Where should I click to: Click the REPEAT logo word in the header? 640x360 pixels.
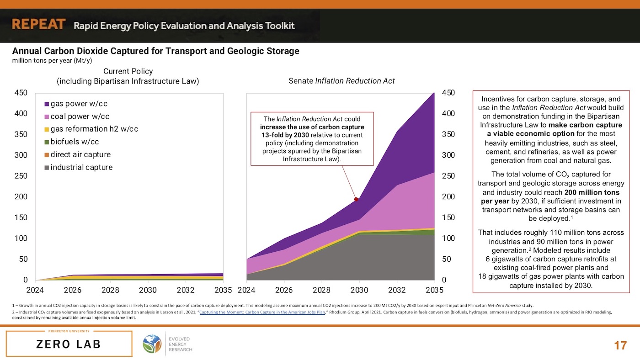(39, 24)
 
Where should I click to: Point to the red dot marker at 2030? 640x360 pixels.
(356, 199)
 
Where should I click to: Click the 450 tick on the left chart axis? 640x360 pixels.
(21, 93)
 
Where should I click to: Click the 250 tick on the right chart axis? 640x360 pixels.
(448, 176)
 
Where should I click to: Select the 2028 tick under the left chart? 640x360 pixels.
(110, 290)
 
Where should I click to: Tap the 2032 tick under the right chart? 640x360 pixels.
(396, 290)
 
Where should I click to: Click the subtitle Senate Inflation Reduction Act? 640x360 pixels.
(341, 81)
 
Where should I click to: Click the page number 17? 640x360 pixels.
(620, 345)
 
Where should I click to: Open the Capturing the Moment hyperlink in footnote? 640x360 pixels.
(262, 312)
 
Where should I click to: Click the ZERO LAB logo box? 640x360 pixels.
(69, 344)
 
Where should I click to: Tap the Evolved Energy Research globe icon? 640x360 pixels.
(152, 344)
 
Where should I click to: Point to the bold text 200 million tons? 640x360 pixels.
(592, 192)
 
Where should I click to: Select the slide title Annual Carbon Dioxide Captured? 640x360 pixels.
(155, 51)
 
